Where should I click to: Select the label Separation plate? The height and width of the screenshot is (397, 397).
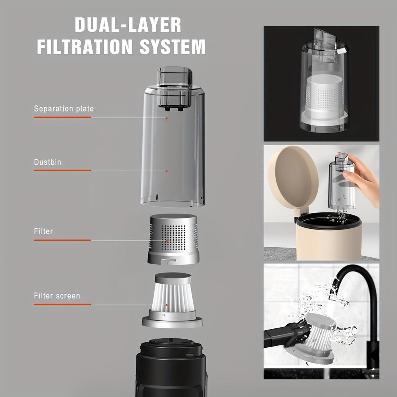(x=64, y=109)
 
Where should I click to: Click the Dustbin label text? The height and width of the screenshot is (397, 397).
(x=48, y=162)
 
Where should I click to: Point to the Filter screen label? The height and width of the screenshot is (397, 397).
(x=57, y=296)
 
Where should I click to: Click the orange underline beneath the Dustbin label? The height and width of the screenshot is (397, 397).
(x=62, y=170)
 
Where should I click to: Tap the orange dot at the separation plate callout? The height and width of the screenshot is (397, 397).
(x=167, y=117)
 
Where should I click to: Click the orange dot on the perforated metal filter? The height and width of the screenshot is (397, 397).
(x=167, y=240)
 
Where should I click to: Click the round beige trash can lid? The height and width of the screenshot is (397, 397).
(x=293, y=178)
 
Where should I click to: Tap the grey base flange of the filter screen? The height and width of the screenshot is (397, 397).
(x=172, y=321)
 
